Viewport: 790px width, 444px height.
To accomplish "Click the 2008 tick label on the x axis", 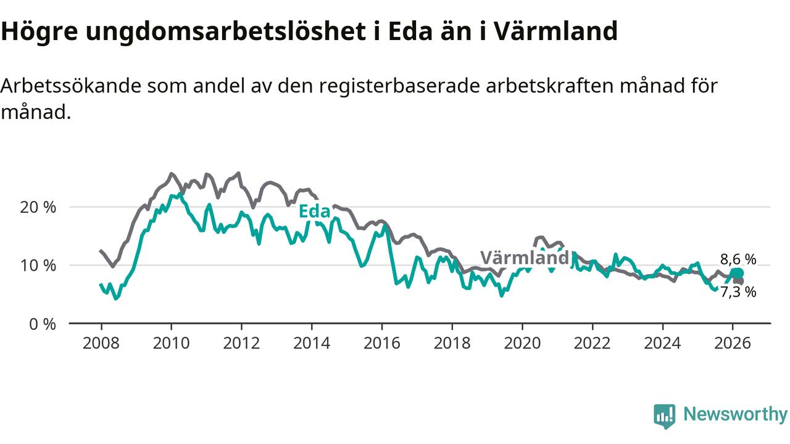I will pyautogui.click(x=101, y=343).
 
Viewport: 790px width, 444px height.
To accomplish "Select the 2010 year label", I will pyautogui.click(x=171, y=343).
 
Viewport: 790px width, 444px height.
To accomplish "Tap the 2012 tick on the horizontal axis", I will pyautogui.click(x=241, y=343).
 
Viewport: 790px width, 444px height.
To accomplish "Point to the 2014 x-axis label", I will pyautogui.click(x=312, y=343).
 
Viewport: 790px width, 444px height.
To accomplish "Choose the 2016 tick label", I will pyautogui.click(x=382, y=343).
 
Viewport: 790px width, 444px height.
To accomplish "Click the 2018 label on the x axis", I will pyautogui.click(x=452, y=343).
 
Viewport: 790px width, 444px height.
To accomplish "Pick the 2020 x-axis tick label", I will pyautogui.click(x=522, y=343).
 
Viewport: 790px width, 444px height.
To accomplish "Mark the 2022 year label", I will pyautogui.click(x=592, y=343).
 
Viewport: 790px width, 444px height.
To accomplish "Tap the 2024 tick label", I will pyautogui.click(x=663, y=343).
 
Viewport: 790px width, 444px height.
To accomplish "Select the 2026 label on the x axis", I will pyautogui.click(x=733, y=343).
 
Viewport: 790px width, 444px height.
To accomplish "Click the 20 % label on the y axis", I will pyautogui.click(x=38, y=207).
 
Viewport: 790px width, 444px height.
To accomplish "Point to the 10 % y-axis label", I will pyautogui.click(x=38, y=266).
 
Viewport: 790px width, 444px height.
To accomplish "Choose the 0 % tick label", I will pyautogui.click(x=42, y=324).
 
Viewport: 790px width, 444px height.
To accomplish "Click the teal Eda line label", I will pyautogui.click(x=314, y=212).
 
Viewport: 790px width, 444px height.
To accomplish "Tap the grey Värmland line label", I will pyautogui.click(x=524, y=258).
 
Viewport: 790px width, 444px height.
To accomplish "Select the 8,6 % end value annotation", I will pyautogui.click(x=738, y=259).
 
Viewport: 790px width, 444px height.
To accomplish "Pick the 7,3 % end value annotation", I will pyautogui.click(x=738, y=292).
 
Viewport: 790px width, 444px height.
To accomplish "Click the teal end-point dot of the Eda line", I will pyautogui.click(x=737, y=273).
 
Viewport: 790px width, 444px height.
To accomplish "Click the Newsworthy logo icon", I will pyautogui.click(x=665, y=416).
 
